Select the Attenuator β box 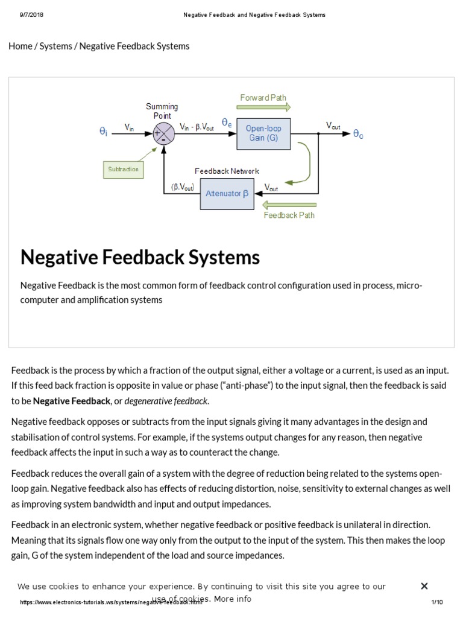click(227, 194)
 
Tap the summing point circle click(162, 134)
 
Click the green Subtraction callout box click(123, 170)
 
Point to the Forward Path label click(263, 98)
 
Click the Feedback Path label click(289, 215)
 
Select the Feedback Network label click(227, 171)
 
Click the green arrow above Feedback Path click(290, 205)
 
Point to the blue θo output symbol click(358, 134)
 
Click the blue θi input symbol click(103, 130)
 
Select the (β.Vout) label click(183, 187)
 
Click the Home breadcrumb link click(20, 46)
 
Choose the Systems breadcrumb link click(55, 46)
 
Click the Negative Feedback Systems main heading click(140, 258)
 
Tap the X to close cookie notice click(424, 586)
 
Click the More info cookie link click(232, 599)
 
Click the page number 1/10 click(437, 602)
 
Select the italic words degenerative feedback click(166, 401)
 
